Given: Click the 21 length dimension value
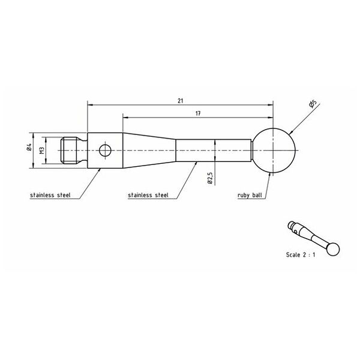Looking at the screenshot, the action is click(x=181, y=101).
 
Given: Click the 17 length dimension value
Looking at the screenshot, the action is click(x=198, y=113).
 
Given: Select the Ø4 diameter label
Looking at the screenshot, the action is click(x=29, y=147).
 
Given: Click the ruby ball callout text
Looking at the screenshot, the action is click(x=250, y=196).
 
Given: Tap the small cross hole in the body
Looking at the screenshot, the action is click(x=105, y=151).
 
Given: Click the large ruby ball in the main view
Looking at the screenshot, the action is click(x=273, y=151).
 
